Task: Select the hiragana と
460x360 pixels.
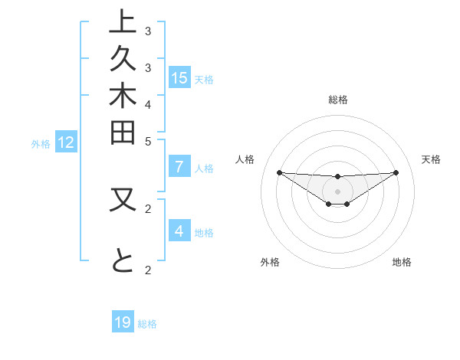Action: click(x=123, y=261)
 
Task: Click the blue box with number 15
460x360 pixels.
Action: click(x=179, y=78)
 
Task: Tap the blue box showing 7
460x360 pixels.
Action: click(x=179, y=168)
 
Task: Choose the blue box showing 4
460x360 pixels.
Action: click(x=179, y=231)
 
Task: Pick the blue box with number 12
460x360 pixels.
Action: click(x=66, y=142)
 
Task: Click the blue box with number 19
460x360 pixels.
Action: click(x=123, y=323)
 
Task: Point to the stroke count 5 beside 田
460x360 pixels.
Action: click(x=148, y=141)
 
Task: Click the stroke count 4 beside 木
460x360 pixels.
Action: click(x=148, y=104)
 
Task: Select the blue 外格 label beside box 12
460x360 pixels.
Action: click(x=41, y=143)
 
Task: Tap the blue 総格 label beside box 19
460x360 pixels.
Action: click(x=147, y=324)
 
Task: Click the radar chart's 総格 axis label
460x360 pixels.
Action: click(x=337, y=100)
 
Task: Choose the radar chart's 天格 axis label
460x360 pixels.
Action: click(x=432, y=159)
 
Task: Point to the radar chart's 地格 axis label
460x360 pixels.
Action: click(x=402, y=262)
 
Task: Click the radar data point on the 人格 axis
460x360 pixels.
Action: click(x=279, y=172)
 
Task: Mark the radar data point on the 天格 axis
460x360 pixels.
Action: click(x=396, y=172)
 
